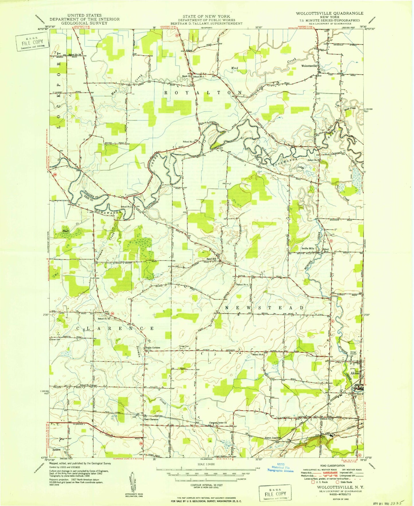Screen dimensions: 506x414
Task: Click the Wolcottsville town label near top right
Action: [309, 66]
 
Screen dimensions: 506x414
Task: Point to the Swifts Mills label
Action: [307, 249]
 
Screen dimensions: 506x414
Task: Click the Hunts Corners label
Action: [153, 348]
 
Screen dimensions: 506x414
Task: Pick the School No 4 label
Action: [242, 285]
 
